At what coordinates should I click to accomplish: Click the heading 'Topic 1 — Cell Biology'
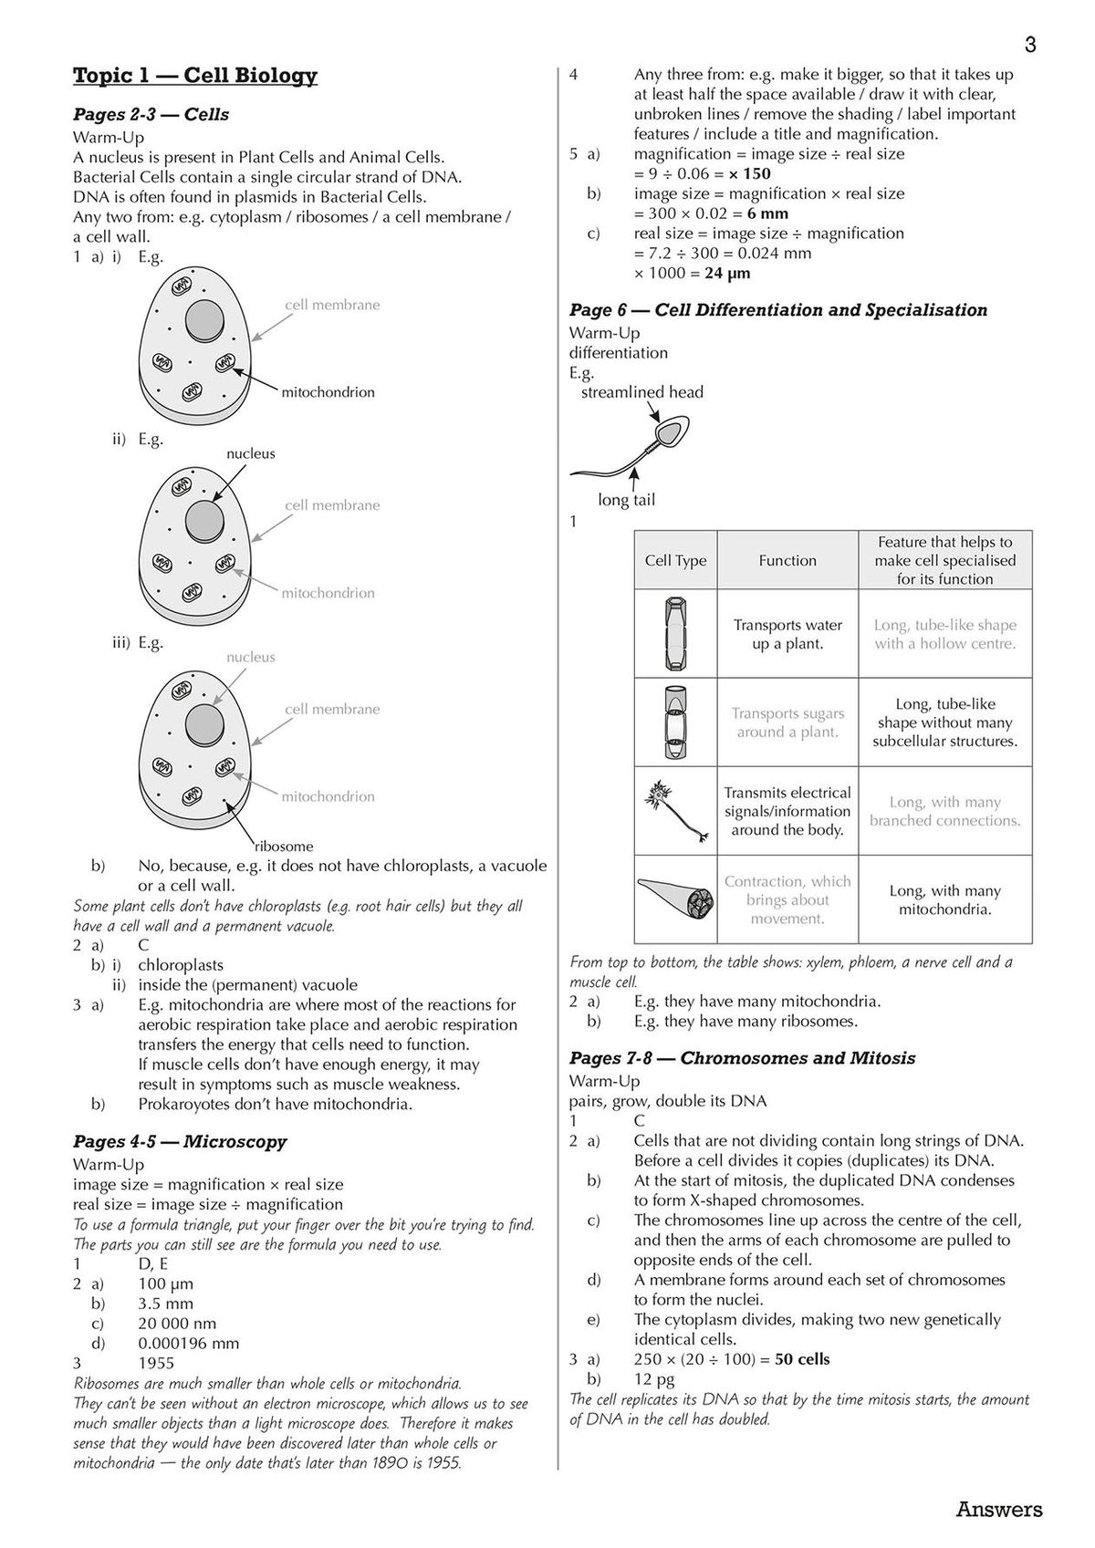point(194,76)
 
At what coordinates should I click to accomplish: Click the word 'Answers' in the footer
point(998,1510)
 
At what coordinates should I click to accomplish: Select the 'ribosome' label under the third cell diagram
point(284,846)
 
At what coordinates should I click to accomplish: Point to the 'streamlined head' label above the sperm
point(642,392)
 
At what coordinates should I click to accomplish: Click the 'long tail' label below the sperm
point(626,500)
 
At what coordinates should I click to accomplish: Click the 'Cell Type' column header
point(675,561)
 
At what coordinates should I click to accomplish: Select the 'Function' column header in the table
point(787,561)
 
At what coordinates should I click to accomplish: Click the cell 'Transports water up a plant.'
point(787,634)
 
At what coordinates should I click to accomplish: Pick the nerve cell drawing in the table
point(675,809)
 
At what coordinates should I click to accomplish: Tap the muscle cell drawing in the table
point(675,899)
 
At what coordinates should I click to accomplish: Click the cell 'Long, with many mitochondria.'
point(944,899)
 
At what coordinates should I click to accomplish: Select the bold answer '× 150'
point(749,173)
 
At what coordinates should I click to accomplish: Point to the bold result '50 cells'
point(802,1359)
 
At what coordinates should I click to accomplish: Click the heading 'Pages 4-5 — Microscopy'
point(180,1142)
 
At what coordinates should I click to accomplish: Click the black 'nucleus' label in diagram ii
point(250,453)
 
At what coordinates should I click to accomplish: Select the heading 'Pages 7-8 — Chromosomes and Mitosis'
point(742,1058)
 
